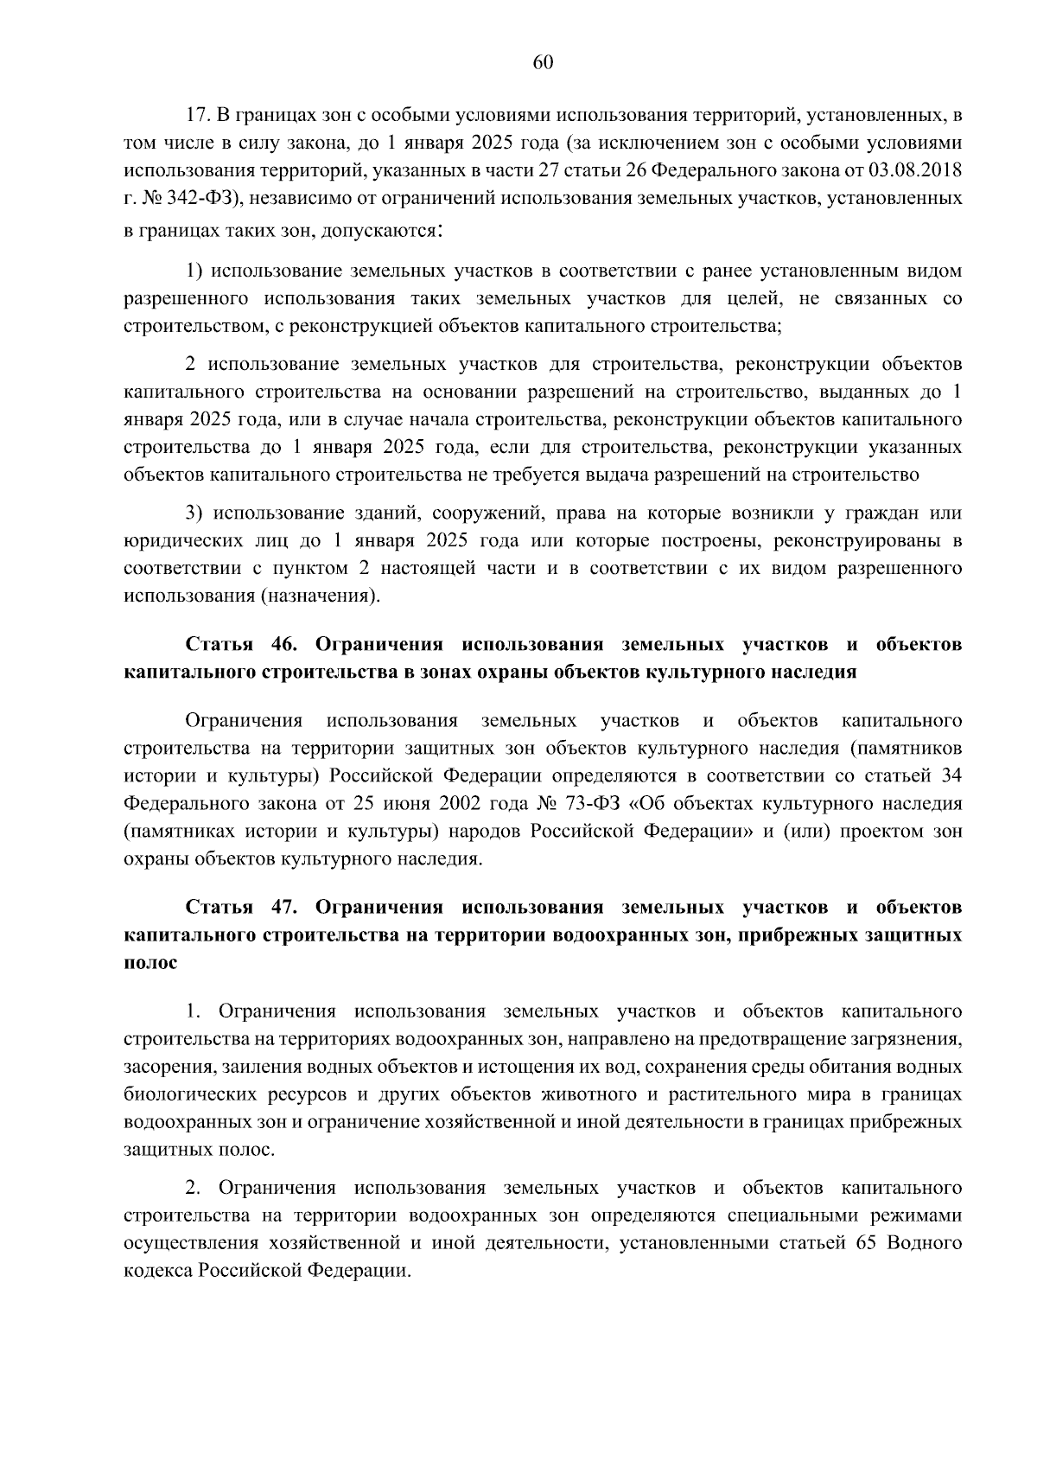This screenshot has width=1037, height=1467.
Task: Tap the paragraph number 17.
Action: coord(198,115)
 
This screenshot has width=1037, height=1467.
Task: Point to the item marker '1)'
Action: coord(194,271)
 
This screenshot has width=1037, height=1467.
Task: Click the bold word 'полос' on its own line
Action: coord(151,963)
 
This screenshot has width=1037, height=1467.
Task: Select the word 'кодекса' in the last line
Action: coord(158,1272)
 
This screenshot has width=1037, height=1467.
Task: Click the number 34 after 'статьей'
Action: coord(951,776)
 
